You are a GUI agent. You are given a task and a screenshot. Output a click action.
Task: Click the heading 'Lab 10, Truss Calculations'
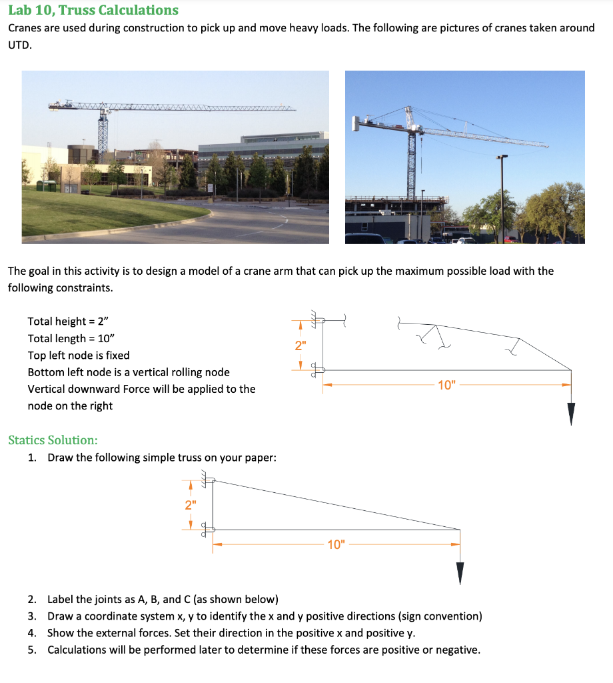coord(93,10)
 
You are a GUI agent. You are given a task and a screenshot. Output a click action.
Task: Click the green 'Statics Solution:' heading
coord(53,440)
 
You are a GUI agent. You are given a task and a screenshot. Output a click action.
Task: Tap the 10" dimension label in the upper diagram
coord(446,385)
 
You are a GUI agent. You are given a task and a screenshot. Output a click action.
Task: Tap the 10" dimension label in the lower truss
coord(336,545)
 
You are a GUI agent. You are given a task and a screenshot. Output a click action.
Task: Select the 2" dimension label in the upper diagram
coord(301,346)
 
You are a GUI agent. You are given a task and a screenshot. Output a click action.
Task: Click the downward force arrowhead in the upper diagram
coord(571,414)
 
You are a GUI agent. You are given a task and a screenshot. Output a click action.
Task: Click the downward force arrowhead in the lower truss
coord(460,573)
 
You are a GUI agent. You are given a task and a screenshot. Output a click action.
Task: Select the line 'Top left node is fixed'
coord(79,356)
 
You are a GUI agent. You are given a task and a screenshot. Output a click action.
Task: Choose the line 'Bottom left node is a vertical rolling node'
coord(129,372)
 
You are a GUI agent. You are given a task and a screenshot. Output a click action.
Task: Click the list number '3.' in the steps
coord(32,616)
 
